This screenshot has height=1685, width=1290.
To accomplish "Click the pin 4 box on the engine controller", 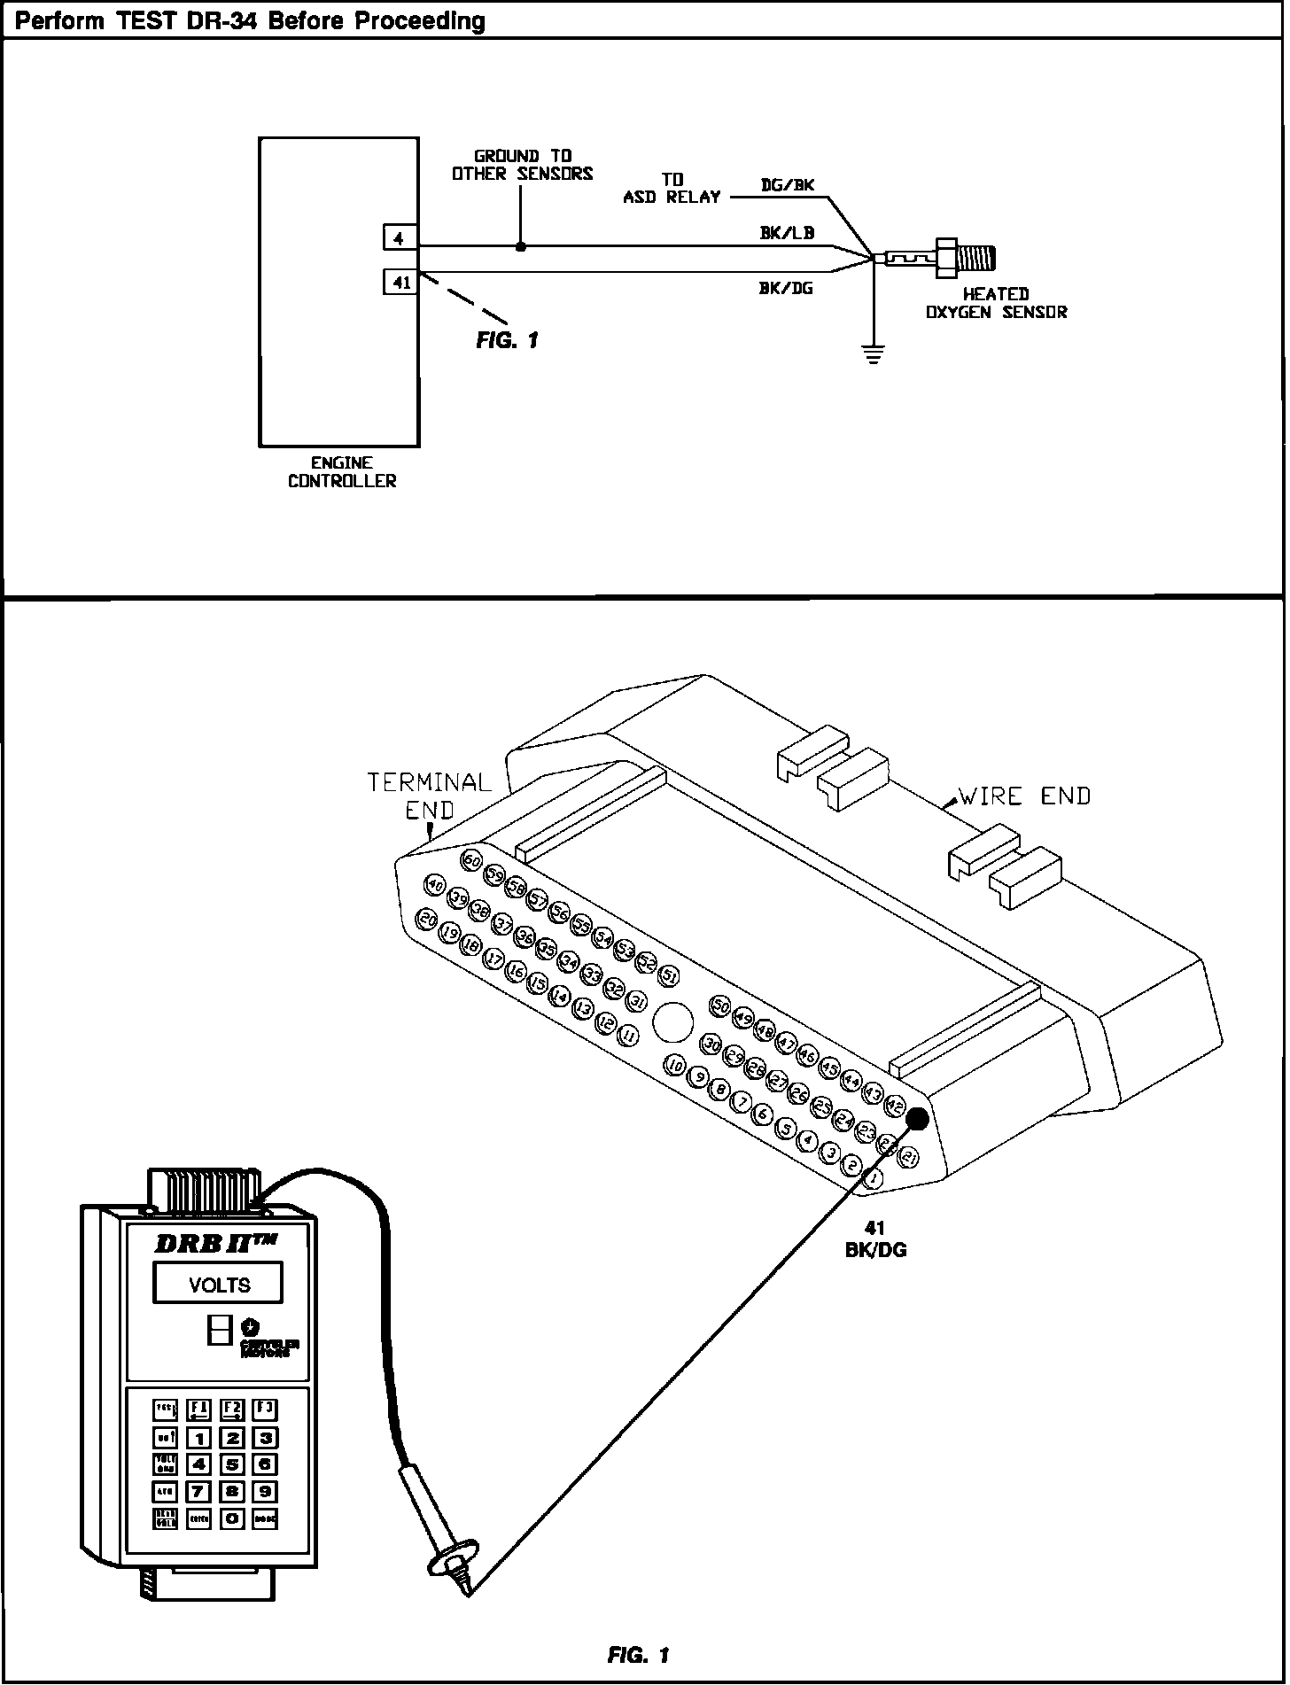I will click(400, 237).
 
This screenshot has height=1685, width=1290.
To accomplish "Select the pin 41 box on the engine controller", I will click(400, 282).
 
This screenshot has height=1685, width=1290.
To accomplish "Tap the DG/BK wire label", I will click(788, 185).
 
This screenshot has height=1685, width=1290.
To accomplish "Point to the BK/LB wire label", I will click(788, 233).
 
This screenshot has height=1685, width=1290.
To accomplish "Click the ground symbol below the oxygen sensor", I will click(874, 357).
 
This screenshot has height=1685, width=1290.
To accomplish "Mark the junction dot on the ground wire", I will click(521, 247).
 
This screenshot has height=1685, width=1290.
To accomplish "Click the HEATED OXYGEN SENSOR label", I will click(996, 303).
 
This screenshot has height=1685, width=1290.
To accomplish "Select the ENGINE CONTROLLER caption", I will click(342, 472).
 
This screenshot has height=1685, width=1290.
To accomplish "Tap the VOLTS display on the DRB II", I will click(219, 1284).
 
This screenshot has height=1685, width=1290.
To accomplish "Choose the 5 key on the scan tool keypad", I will click(232, 1464).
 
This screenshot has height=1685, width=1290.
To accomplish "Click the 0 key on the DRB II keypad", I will click(232, 1518).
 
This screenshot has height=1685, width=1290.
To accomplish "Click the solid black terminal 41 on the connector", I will click(917, 1119).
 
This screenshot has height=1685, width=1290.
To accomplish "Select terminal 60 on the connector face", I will click(471, 860).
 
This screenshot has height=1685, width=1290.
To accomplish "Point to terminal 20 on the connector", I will click(428, 920).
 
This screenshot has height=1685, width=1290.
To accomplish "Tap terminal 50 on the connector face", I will click(720, 1006).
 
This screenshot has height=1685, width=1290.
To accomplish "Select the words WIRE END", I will click(1024, 796).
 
